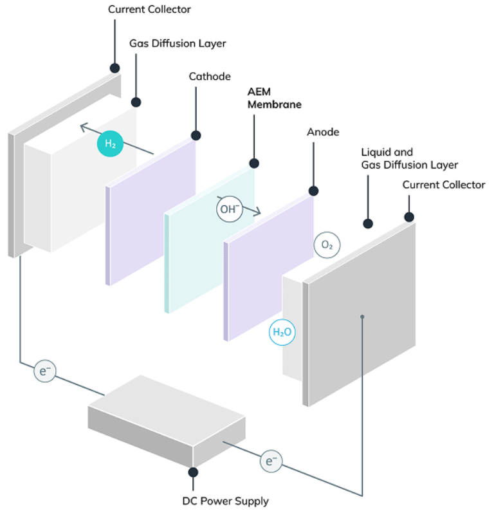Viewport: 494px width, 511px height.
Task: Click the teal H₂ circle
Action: click(x=110, y=144)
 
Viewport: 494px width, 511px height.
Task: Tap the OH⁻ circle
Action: click(x=228, y=209)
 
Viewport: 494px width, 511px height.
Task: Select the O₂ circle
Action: click(x=326, y=245)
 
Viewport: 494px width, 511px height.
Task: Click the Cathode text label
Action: click(x=209, y=77)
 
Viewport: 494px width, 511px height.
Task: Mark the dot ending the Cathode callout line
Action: click(x=196, y=136)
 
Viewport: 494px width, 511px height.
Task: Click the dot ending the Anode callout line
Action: click(x=313, y=191)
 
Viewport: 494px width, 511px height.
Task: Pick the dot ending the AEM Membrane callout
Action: click(x=254, y=163)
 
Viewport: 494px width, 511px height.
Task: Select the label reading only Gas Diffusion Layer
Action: click(x=178, y=44)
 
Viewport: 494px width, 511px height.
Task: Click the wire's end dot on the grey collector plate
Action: click(x=363, y=317)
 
